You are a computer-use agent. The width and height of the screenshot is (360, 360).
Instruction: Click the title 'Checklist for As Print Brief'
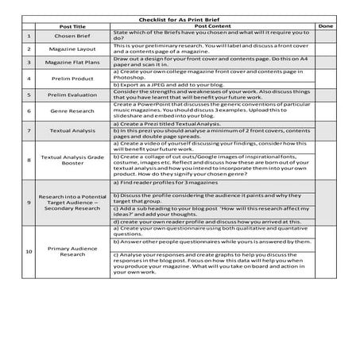coord(180,17)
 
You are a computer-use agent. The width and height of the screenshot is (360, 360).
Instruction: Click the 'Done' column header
coord(325,26)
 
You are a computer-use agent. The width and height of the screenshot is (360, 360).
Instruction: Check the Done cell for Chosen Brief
coord(325,37)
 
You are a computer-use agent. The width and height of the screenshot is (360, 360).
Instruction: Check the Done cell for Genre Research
coord(325,110)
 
